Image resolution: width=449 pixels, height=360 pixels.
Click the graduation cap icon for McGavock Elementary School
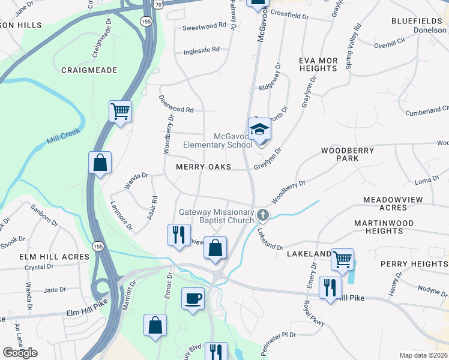click(259, 130)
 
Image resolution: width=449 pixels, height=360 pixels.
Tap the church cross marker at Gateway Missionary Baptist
click(262, 215)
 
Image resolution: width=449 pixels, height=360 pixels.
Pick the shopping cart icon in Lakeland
click(342, 259)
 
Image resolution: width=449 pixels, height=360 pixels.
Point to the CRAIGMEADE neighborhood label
click(89, 70)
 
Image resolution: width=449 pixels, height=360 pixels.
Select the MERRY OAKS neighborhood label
click(203, 167)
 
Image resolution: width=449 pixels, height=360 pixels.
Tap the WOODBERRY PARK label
click(348, 154)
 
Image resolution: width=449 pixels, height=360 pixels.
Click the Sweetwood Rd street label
click(205, 26)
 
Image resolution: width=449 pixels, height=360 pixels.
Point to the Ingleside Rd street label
click(202, 50)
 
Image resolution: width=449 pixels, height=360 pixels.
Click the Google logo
click(20, 353)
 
